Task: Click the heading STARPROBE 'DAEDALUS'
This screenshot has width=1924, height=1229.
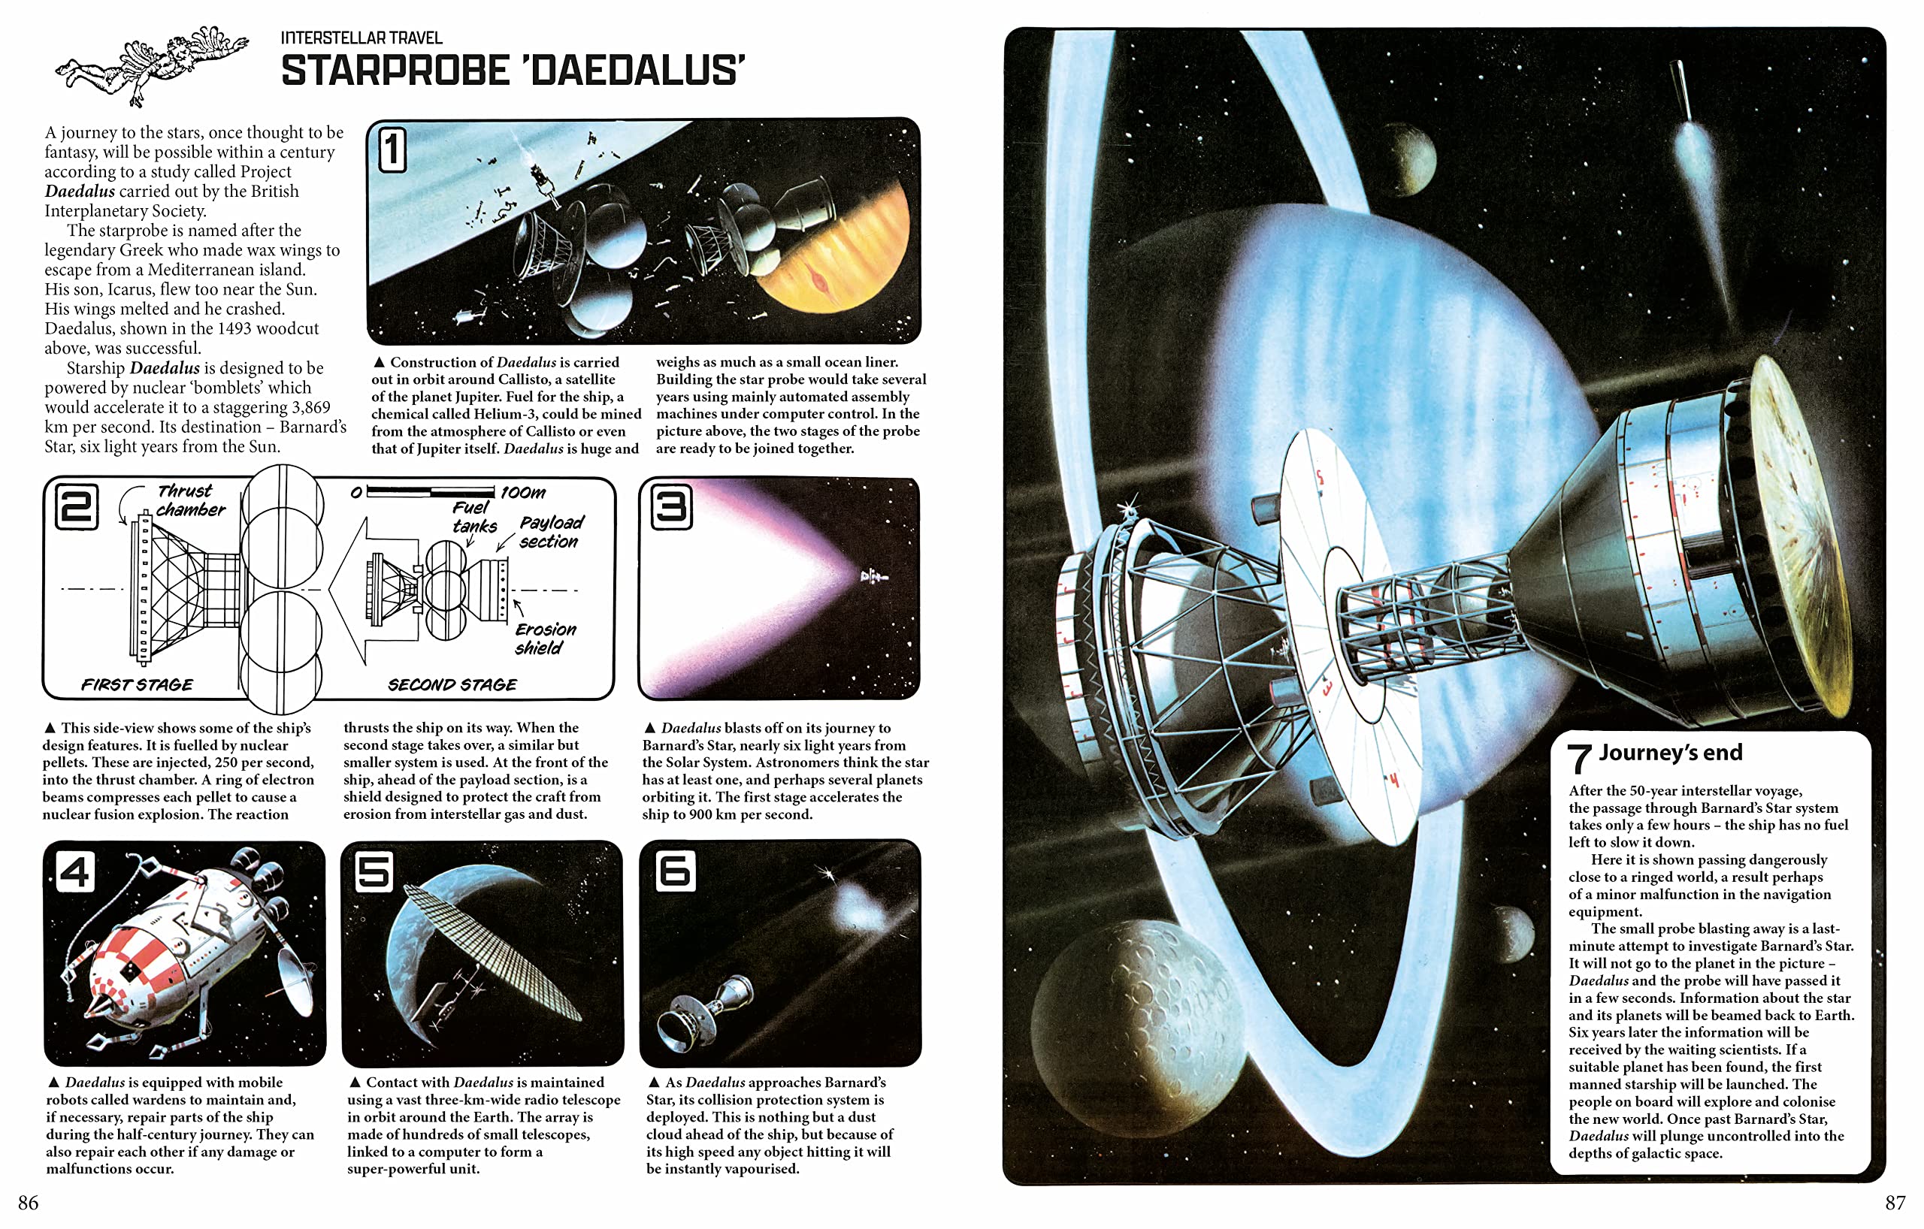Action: [513, 71]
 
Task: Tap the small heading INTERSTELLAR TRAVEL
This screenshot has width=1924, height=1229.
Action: [362, 38]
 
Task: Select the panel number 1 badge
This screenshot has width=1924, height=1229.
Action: [392, 150]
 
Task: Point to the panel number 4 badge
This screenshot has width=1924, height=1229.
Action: [75, 872]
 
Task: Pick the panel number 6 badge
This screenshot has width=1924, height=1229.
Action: [675, 871]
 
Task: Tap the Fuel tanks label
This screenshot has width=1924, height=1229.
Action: [473, 517]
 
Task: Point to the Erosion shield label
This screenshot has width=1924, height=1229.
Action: [544, 638]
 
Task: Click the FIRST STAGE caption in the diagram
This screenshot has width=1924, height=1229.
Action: [137, 685]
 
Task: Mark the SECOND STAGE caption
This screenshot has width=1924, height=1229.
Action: [452, 685]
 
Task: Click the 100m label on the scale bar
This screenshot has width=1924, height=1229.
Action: [523, 493]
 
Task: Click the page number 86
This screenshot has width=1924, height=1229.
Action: [28, 1203]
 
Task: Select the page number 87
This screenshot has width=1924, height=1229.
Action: [1895, 1203]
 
